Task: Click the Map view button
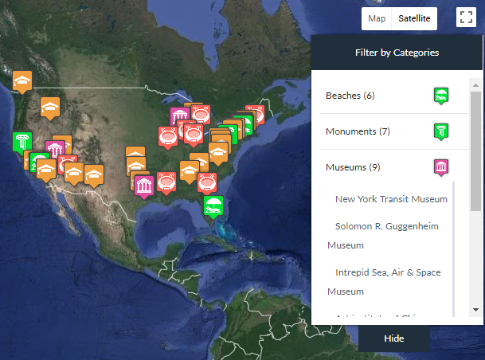coord(377,18)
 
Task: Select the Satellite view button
coord(414,18)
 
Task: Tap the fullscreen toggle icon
coord(466,18)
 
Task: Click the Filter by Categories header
coord(397,53)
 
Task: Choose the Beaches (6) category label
coord(350,96)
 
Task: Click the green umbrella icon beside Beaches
coord(441,96)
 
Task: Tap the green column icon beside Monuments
coord(441,131)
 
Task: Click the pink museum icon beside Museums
coord(441,167)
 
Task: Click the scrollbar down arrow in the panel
coord(476,309)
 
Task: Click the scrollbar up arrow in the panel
coord(476,84)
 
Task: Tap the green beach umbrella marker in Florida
coord(213,206)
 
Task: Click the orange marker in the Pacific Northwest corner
coord(22,80)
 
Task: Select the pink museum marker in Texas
coord(144,186)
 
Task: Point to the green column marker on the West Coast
coord(22,143)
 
